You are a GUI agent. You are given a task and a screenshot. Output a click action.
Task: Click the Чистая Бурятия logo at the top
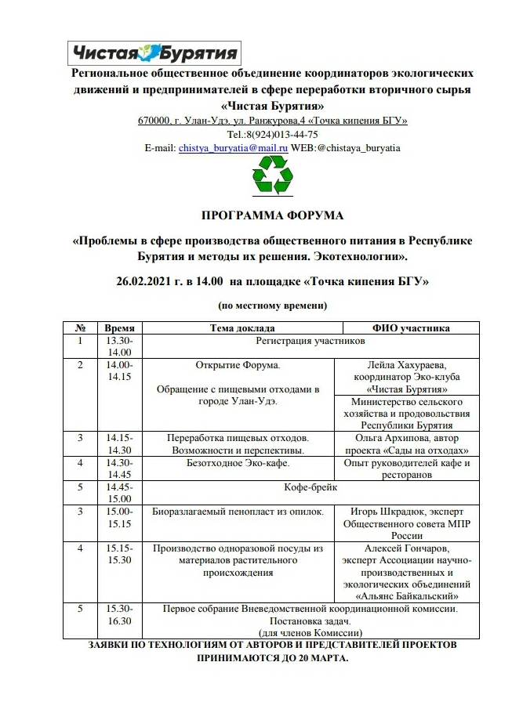[155, 52]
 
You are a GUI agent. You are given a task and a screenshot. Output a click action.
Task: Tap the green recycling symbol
[272, 175]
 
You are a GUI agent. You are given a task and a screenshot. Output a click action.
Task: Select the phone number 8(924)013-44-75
[283, 134]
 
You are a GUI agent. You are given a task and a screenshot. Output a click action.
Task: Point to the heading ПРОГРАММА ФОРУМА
[272, 215]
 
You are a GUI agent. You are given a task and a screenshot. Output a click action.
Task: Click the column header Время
[120, 328]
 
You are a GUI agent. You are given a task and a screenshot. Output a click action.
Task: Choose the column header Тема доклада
[242, 328]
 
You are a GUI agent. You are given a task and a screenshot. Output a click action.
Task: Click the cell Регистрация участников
[310, 342]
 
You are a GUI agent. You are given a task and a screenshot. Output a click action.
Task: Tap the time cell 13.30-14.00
[120, 347]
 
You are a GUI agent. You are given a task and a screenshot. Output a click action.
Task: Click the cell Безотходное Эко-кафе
[238, 463]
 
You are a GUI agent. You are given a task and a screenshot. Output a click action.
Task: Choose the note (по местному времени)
[272, 305]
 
